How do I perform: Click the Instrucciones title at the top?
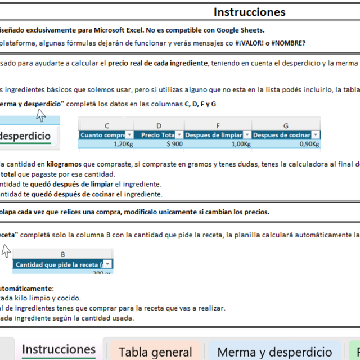click(x=249, y=12)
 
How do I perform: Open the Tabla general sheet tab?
click(x=155, y=352)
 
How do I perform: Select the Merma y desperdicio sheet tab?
click(x=274, y=352)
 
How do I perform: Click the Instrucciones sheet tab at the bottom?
click(x=58, y=349)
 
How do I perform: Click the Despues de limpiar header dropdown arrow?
click(x=247, y=135)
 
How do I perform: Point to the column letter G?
click(x=286, y=125)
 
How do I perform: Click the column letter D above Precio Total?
click(x=159, y=125)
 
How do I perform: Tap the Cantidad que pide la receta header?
click(x=59, y=264)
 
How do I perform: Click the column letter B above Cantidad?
click(x=62, y=255)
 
